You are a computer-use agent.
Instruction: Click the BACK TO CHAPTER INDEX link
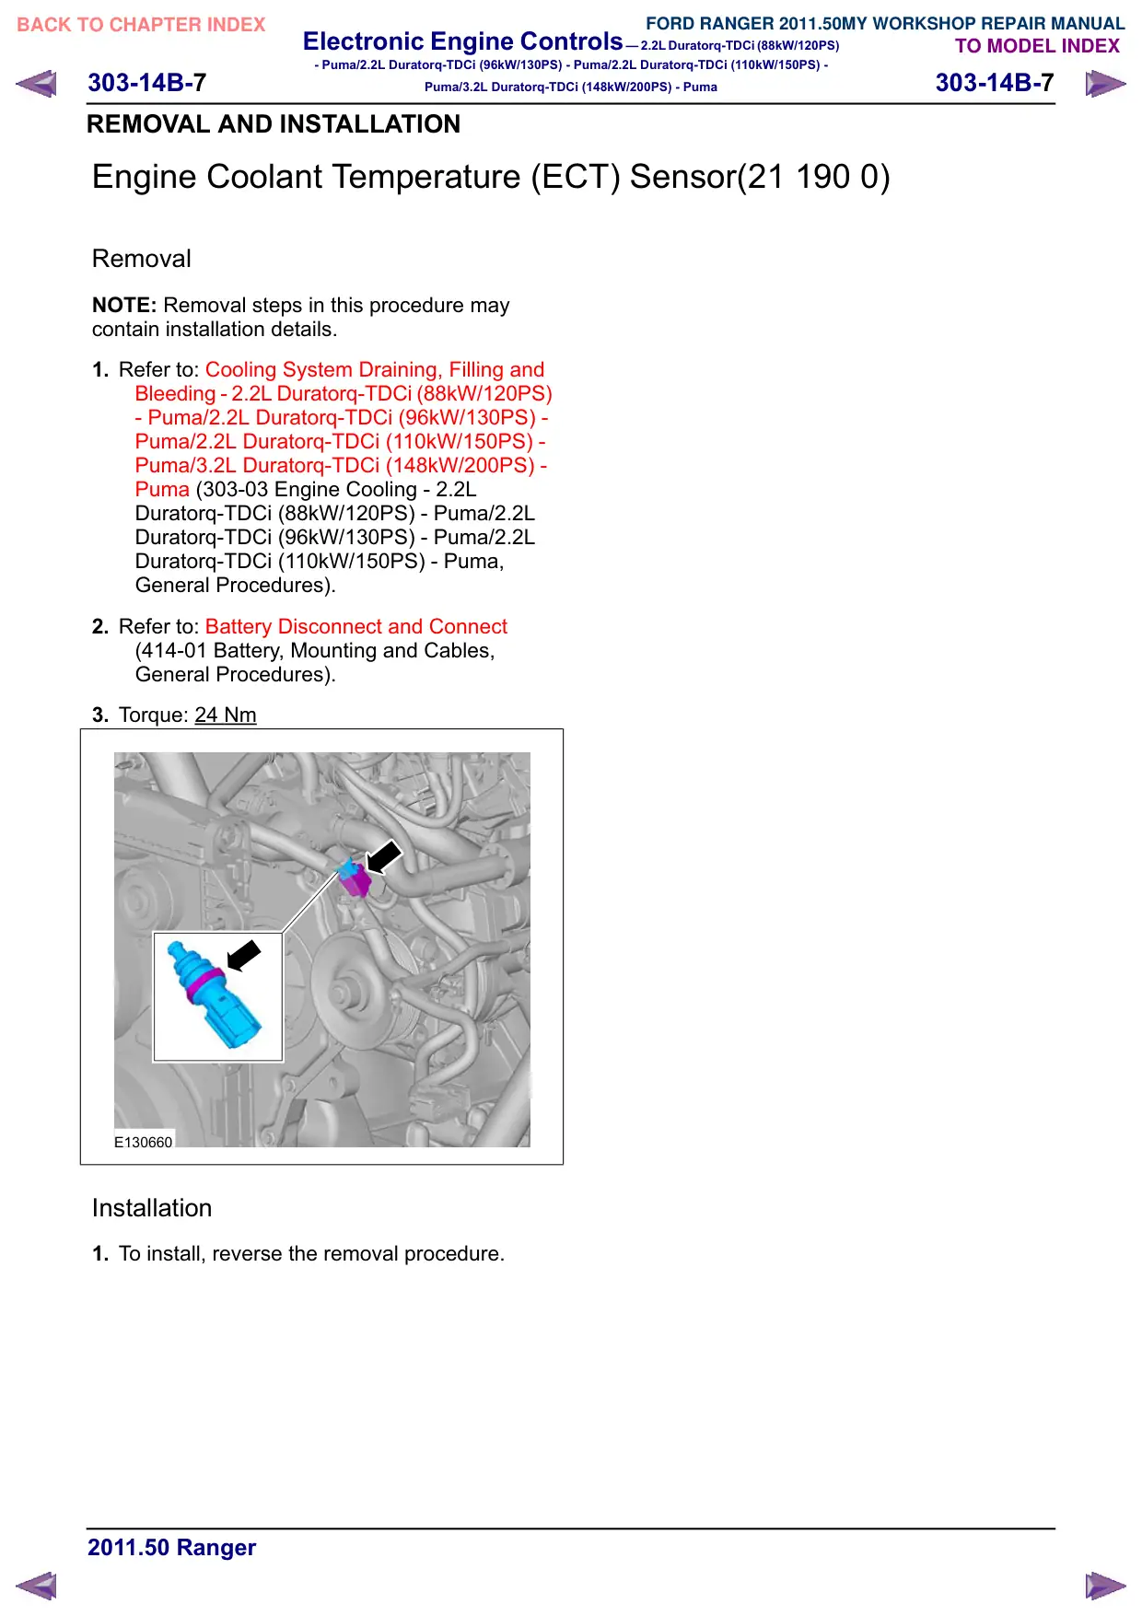point(141,25)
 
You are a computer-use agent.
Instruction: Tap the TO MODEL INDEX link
point(1037,46)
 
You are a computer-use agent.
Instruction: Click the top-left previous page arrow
point(36,84)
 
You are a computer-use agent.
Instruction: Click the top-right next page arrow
point(1105,84)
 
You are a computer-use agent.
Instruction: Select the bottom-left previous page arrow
point(36,1586)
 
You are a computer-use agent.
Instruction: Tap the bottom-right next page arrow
point(1105,1586)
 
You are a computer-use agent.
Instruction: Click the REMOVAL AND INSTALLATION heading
point(274,124)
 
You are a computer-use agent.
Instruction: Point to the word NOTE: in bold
point(124,305)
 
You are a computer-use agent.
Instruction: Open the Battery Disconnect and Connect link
point(356,626)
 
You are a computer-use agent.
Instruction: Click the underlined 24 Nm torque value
point(226,715)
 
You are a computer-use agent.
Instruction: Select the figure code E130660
point(143,1142)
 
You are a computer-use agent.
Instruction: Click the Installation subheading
point(152,1208)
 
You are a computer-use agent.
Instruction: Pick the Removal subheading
point(142,259)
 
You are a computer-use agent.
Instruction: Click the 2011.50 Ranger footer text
point(172,1547)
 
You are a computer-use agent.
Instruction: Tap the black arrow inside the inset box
point(244,955)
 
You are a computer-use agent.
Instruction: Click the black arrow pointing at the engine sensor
point(384,856)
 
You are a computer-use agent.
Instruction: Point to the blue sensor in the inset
point(214,994)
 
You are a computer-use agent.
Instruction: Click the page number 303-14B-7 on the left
point(147,83)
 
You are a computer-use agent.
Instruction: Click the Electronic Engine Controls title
point(463,41)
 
